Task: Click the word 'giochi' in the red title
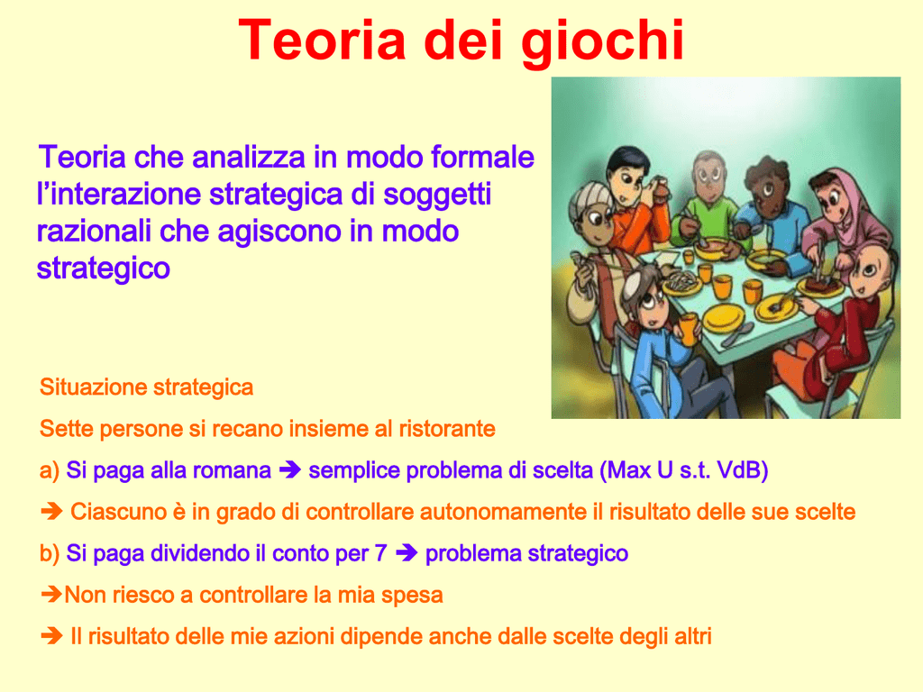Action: pos(602,42)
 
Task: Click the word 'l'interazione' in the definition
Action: pos(119,195)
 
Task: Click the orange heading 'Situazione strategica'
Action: pos(146,387)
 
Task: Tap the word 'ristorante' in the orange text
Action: pos(447,428)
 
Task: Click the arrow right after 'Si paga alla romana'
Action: pos(289,469)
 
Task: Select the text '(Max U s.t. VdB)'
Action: pos(684,470)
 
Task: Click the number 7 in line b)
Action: pos(381,553)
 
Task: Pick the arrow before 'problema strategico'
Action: pos(407,552)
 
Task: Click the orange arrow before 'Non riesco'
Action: pos(51,595)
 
